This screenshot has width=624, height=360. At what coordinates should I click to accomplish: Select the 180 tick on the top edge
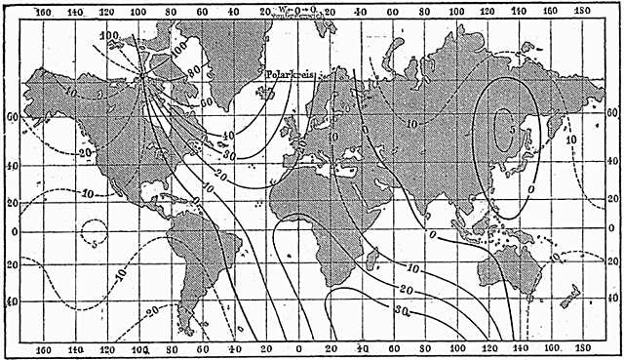[581, 11]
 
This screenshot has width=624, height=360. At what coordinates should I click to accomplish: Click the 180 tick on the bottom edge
[582, 348]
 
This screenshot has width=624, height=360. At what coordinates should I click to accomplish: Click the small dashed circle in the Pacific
[95, 234]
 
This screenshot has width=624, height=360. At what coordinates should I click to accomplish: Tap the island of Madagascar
[371, 257]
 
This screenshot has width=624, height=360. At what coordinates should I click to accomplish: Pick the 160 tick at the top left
[42, 11]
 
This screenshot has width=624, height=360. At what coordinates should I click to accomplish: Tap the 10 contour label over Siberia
[412, 124]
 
